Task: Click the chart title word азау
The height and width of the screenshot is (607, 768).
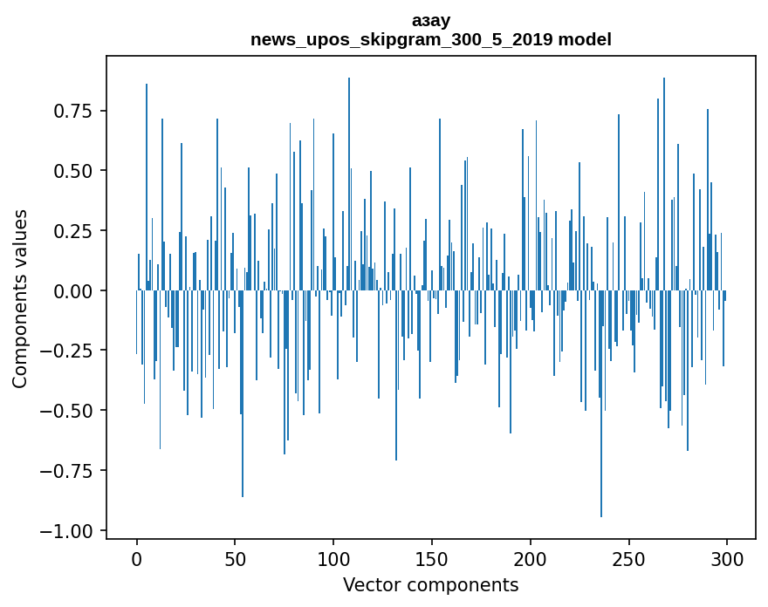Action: [x=431, y=20]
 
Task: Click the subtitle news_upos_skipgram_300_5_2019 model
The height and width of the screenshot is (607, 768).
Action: [x=431, y=39]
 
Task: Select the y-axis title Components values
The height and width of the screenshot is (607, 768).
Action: [x=20, y=298]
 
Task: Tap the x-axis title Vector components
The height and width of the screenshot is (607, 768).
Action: [x=431, y=585]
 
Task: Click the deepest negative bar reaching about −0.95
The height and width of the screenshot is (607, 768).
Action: [x=601, y=436]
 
